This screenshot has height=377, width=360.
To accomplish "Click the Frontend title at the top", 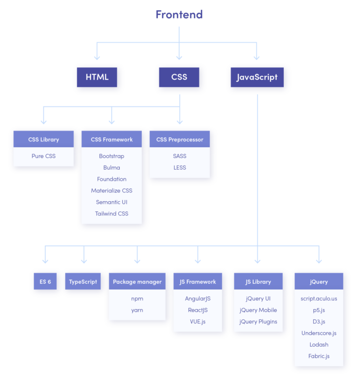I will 179,14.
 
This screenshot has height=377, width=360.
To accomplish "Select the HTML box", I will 97,77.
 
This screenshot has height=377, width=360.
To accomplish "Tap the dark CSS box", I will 179,77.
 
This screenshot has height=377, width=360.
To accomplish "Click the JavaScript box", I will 257,77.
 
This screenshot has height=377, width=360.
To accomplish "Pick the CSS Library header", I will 44,139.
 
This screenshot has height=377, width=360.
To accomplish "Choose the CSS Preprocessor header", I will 179,139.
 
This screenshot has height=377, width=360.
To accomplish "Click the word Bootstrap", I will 112,156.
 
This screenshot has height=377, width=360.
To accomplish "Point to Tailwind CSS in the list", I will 112,213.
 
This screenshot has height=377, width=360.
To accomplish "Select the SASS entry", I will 179,156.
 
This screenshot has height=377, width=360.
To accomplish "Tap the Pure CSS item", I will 44,156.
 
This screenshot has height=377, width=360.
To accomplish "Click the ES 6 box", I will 45,282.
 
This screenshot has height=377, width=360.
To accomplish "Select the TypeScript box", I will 83,282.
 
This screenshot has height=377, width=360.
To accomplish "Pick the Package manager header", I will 137,282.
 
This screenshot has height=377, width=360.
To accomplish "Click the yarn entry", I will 137,310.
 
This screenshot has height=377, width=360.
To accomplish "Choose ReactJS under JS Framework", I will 197,310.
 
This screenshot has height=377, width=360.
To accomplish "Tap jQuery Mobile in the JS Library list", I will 258,310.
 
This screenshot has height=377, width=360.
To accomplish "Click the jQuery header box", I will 318,282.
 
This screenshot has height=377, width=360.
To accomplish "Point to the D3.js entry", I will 318,321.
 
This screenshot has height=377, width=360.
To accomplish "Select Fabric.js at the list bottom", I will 318,356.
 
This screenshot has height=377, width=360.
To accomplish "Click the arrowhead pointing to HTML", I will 96,57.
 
